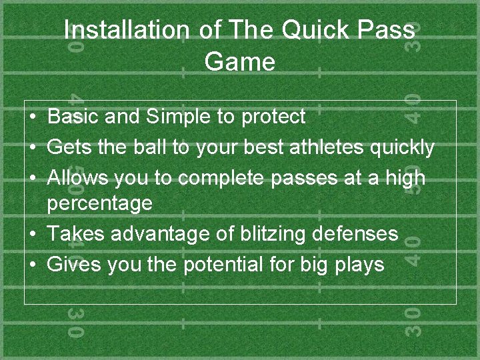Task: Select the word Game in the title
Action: (x=239, y=62)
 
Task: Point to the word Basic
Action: (x=73, y=117)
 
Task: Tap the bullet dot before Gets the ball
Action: (x=33, y=147)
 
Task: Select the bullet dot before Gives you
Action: (x=33, y=265)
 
